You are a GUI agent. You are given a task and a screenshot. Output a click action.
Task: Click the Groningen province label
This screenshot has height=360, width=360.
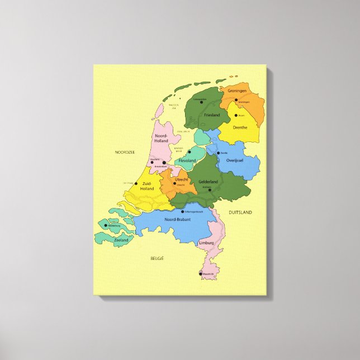point(237,91)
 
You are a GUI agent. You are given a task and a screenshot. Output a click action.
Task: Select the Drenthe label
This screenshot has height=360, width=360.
point(240,128)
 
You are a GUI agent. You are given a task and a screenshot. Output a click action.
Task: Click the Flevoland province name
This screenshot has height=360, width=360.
point(188,160)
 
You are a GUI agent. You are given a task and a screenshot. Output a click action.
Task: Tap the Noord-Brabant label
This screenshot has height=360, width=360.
point(178,220)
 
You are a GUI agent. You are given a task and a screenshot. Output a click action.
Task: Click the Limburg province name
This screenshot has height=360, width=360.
point(206,244)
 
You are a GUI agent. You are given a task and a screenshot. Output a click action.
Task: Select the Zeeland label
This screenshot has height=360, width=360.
point(121,240)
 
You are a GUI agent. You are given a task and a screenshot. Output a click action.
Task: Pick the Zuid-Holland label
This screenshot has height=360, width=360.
point(146,186)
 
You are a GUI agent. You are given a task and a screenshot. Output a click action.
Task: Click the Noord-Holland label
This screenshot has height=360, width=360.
point(161,138)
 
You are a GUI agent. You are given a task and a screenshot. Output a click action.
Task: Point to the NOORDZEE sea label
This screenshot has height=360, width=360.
point(125,152)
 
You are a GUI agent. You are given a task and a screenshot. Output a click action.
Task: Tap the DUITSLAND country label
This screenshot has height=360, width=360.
point(240,212)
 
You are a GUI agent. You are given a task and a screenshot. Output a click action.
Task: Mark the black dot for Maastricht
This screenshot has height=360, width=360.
point(200,274)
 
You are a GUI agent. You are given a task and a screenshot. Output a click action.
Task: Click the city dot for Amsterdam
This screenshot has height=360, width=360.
point(164,163)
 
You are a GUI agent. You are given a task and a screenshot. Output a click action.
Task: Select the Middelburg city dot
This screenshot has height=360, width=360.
point(105,226)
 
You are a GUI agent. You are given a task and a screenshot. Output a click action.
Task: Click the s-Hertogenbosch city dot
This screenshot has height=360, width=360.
point(182,211)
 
